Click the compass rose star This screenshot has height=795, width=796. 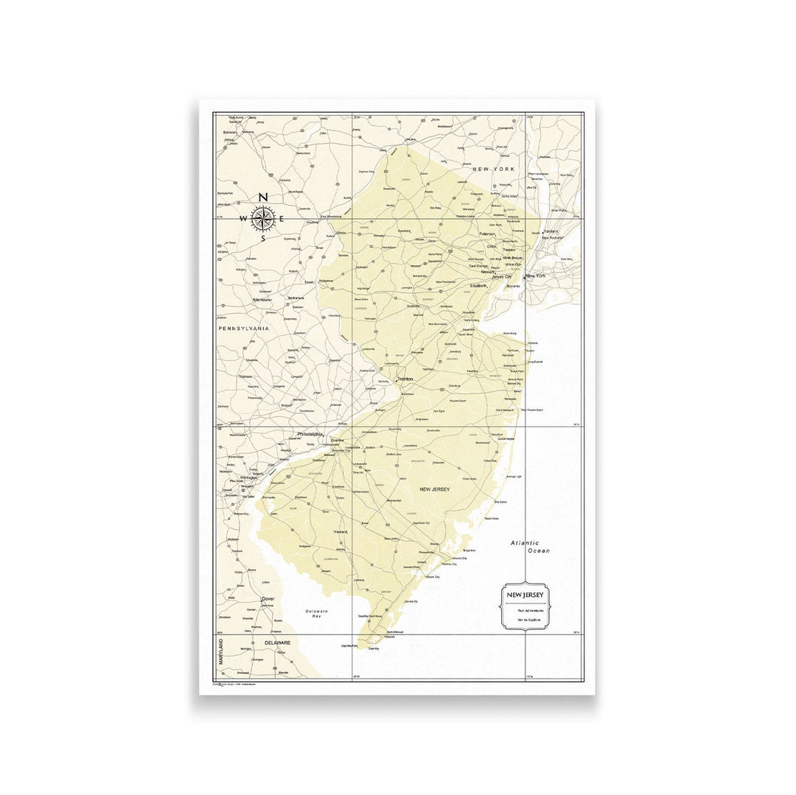tap(262, 217)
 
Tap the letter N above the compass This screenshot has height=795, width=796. tap(262, 197)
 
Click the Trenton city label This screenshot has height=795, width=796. tap(405, 379)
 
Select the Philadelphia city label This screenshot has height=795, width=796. tap(310, 435)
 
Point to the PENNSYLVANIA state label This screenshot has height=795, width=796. tap(243, 329)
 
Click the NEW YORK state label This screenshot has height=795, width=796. tap(493, 169)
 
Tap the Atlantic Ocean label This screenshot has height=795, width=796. tap(531, 547)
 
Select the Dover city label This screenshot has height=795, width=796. tap(268, 599)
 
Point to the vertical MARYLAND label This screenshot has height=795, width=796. tap(220, 653)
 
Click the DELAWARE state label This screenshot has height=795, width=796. tap(278, 642)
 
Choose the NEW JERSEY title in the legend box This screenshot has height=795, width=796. tap(524, 594)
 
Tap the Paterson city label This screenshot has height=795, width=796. tap(488, 234)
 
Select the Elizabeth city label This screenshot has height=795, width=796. tap(479, 285)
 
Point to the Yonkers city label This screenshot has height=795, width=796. tap(551, 231)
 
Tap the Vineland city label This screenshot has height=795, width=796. tap(341, 531)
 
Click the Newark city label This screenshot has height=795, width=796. tap(488, 272)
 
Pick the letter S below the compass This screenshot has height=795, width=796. tap(263, 239)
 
